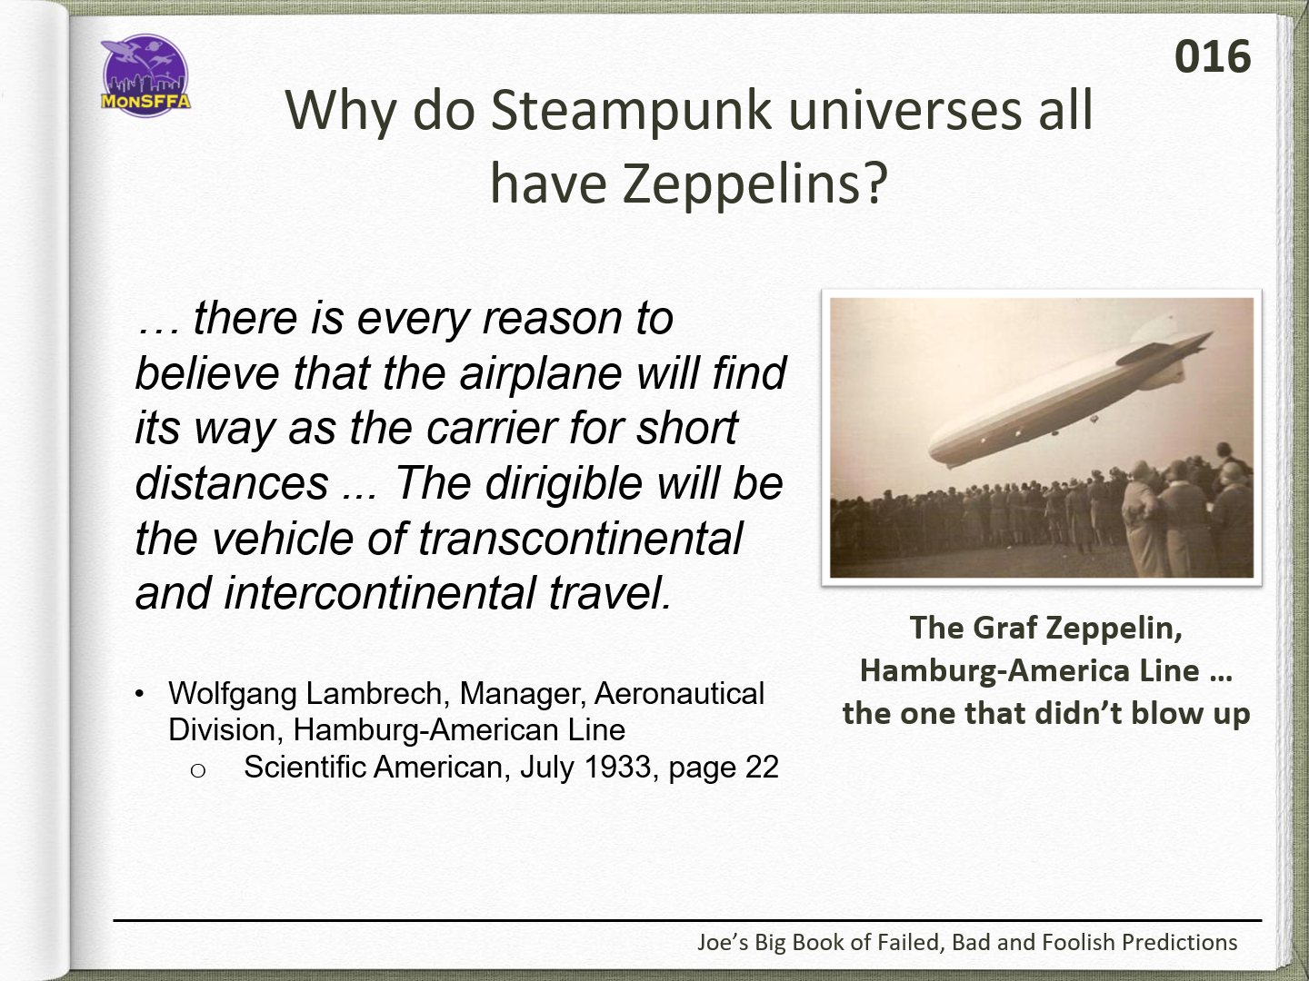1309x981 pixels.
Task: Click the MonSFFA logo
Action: [x=145, y=75]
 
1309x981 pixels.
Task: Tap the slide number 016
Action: [x=1213, y=57]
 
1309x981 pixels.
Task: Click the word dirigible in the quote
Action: [x=564, y=482]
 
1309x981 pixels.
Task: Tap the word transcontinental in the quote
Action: [x=580, y=538]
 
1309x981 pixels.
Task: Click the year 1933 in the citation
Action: [x=617, y=768]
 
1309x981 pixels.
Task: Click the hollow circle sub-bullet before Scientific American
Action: [x=198, y=771]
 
